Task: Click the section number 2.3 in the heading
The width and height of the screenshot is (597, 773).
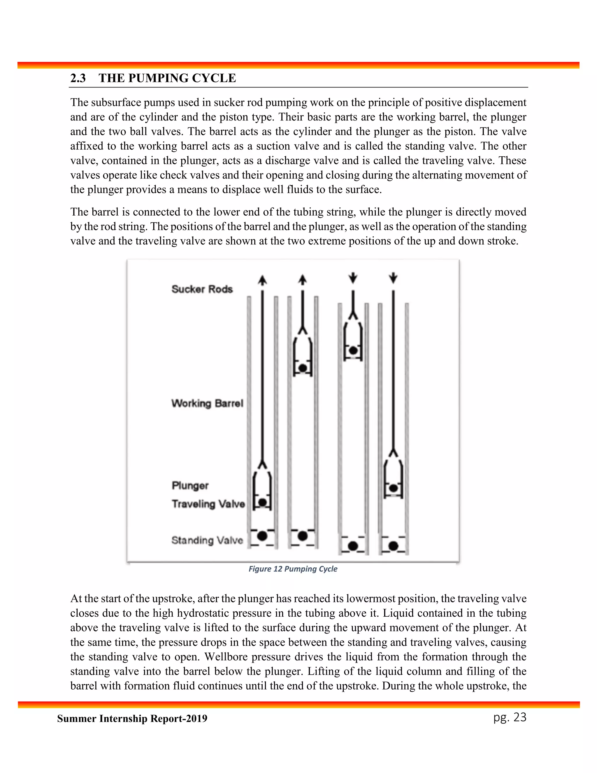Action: click(x=78, y=78)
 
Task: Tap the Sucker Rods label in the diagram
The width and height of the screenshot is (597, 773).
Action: click(x=202, y=289)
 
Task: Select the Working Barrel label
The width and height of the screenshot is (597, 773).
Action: click(x=207, y=403)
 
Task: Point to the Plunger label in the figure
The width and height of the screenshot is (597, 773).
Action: click(x=190, y=485)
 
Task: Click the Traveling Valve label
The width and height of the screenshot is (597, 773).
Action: click(x=208, y=504)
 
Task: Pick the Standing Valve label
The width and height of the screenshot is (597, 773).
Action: click(x=207, y=540)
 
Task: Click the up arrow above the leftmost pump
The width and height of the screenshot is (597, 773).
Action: click(x=262, y=280)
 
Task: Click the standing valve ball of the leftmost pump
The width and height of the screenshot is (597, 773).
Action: click(x=262, y=536)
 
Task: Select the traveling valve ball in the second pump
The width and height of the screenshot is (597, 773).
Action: click(x=302, y=368)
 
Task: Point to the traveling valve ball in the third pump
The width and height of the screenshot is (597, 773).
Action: click(x=353, y=350)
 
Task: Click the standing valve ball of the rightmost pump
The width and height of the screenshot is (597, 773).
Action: click(x=393, y=546)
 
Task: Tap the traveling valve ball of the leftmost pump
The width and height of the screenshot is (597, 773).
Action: click(x=262, y=502)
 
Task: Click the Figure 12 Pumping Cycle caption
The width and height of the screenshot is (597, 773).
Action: click(x=293, y=569)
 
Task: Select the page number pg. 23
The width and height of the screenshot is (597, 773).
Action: click(x=510, y=718)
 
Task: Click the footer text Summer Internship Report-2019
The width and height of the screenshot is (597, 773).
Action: click(x=132, y=719)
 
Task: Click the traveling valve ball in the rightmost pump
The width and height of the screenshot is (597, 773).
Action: click(x=393, y=488)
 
